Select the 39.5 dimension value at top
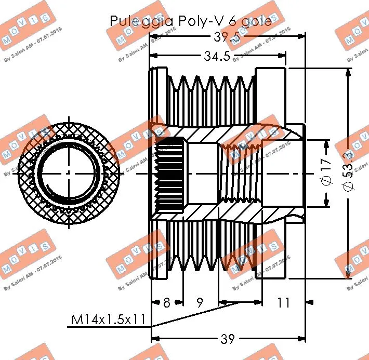tap(227, 37)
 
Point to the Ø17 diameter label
tap(326, 173)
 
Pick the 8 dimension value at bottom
tap(166, 302)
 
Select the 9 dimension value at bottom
tap(200, 302)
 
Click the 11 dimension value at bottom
tap(283, 302)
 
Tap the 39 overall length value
tap(227, 340)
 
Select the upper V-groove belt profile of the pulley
tap(213, 86)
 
